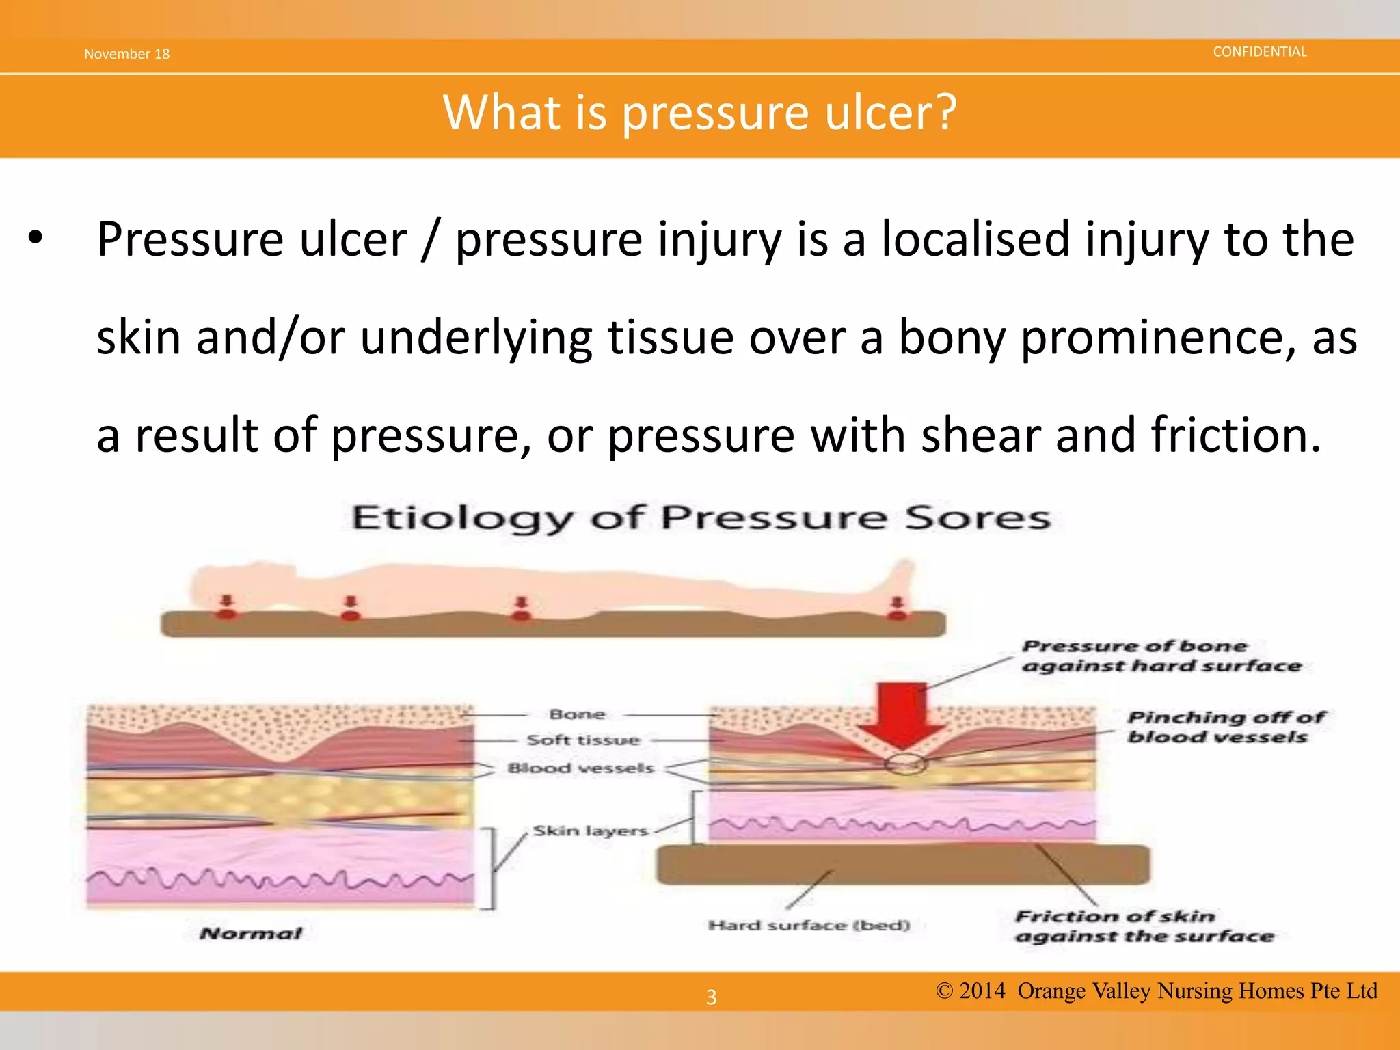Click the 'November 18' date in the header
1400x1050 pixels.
(126, 54)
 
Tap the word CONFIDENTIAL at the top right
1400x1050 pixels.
(1259, 52)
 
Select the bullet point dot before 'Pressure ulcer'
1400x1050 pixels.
(36, 239)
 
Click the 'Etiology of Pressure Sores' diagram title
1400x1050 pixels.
(700, 517)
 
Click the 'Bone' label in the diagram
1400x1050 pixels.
(577, 714)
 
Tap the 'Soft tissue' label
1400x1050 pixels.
(583, 740)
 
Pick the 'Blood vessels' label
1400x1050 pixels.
(580, 768)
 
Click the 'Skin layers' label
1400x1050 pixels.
(590, 831)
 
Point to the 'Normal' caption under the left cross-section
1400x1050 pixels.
(250, 934)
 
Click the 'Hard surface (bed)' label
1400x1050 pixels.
(809, 926)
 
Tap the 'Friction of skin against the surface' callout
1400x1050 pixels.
(1143, 926)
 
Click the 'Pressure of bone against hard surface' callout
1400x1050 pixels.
(1160, 656)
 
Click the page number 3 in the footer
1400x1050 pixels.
(711, 997)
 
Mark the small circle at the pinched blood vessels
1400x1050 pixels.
(904, 764)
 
